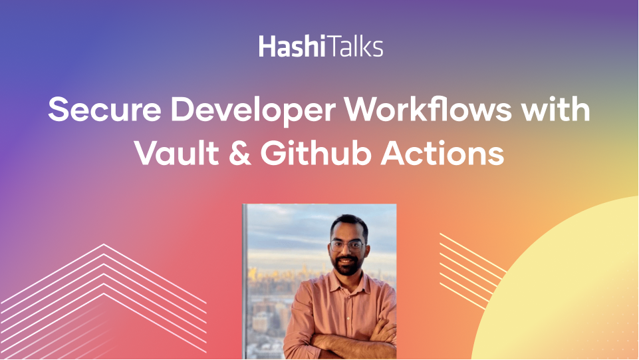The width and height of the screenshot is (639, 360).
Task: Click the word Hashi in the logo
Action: [x=292, y=46]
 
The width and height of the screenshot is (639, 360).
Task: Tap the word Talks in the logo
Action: [x=354, y=46]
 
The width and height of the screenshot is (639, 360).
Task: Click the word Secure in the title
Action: [x=105, y=109]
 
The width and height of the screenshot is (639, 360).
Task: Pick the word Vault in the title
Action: [x=177, y=153]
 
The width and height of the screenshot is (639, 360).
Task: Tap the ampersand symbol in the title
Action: [x=240, y=154]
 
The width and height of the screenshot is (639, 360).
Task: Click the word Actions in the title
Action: [x=443, y=154]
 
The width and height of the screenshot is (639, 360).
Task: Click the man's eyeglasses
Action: [x=347, y=246]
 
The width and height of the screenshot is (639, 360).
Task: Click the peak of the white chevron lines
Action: [x=104, y=245]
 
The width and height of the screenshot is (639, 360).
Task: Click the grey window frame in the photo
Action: [x=245, y=281]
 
